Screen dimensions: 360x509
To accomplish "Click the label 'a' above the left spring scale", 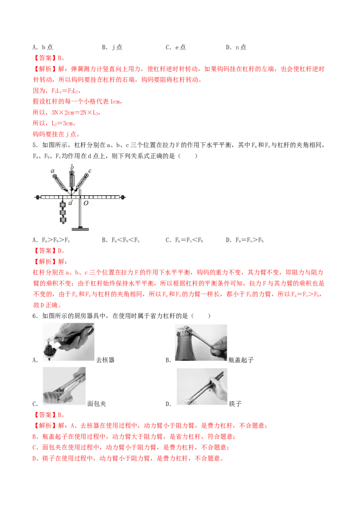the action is point(53,171).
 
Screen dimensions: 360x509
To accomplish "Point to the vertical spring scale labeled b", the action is point(72,180).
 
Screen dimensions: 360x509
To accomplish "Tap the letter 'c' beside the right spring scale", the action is point(90,171).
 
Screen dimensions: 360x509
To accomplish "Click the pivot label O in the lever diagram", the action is point(86,203).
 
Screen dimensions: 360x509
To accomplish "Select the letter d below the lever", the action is point(71,203).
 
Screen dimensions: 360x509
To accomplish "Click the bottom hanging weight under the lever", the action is point(63,220).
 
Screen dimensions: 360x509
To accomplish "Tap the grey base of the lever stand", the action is point(80,229).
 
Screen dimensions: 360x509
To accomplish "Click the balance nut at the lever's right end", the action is point(122,197).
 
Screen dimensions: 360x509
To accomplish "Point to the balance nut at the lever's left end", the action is point(38,197).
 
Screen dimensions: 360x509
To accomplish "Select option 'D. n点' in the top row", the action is point(236,47).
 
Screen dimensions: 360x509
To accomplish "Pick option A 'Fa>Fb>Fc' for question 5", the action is point(51,240).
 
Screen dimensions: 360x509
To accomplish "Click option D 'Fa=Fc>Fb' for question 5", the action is point(245,240).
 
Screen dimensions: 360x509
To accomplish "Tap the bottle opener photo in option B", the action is point(201,343).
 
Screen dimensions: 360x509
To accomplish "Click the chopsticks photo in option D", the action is point(202,386).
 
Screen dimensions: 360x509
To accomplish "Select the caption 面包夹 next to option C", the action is point(97,404).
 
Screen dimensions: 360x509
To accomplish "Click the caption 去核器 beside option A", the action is point(105,360).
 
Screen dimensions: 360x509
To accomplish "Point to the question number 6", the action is point(35,316).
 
